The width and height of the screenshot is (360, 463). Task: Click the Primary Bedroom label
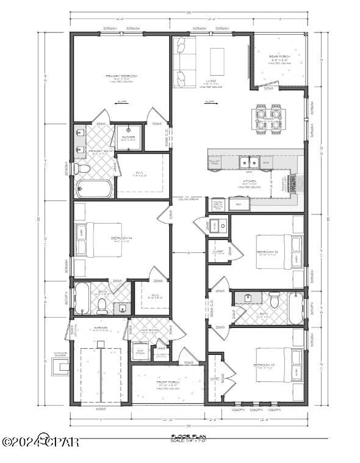pyautogui.click(x=121, y=78)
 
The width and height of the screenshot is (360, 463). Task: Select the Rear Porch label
pyautogui.click(x=279, y=58)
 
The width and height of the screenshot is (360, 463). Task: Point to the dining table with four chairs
pyautogui.click(x=268, y=119)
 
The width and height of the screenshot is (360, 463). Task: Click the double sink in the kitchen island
pyautogui.click(x=248, y=162)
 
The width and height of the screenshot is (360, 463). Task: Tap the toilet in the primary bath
pyautogui.click(x=81, y=168)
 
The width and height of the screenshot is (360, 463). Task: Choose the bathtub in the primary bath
pyautogui.click(x=93, y=188)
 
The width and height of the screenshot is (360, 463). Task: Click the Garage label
pyautogui.click(x=101, y=328)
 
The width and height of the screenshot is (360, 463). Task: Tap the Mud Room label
pyautogui.click(x=149, y=332)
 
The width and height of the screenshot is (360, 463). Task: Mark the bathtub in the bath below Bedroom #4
pyautogui.click(x=83, y=297)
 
